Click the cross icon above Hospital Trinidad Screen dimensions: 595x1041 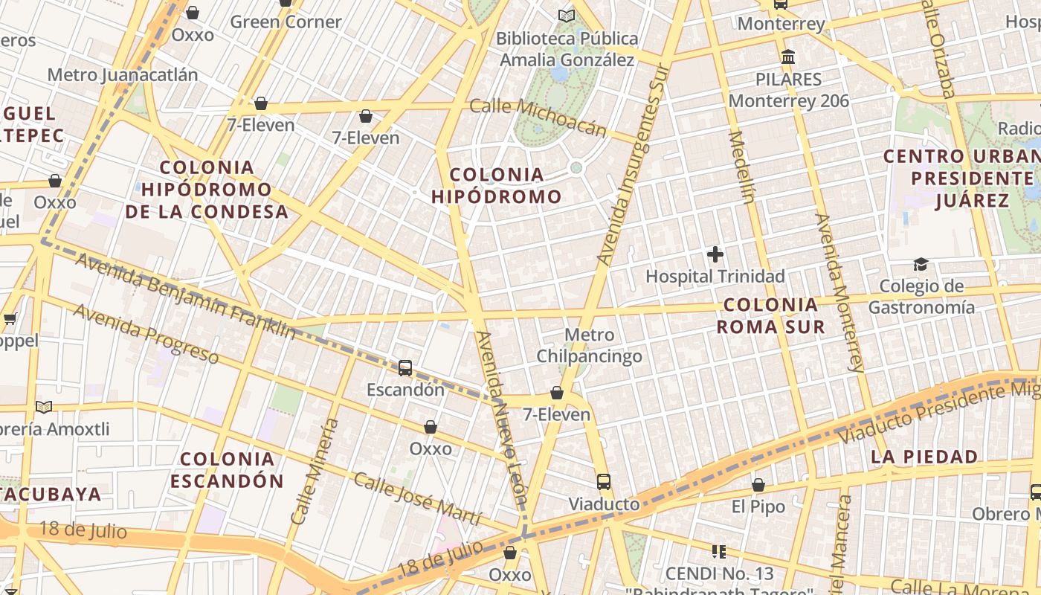(x=715, y=254)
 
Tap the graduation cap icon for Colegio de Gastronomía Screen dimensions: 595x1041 (x=921, y=264)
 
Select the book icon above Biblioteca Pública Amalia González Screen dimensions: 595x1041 (x=567, y=16)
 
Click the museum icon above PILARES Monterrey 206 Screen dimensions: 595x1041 (x=788, y=57)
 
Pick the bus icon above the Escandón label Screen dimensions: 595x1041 (x=405, y=367)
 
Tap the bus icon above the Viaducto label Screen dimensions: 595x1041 (x=604, y=481)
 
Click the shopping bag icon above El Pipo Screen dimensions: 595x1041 (x=758, y=485)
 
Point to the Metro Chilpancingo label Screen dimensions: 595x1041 (x=590, y=346)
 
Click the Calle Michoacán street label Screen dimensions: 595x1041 (x=538, y=117)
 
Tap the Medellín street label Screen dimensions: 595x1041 (x=743, y=167)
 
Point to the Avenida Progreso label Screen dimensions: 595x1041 (x=146, y=334)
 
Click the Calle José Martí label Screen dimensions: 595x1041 (x=417, y=498)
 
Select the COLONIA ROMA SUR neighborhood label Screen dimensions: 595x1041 (x=770, y=315)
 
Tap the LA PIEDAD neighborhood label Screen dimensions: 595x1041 (x=924, y=457)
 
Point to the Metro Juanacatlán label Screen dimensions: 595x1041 (x=123, y=75)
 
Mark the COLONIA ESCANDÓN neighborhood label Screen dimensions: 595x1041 (x=227, y=470)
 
